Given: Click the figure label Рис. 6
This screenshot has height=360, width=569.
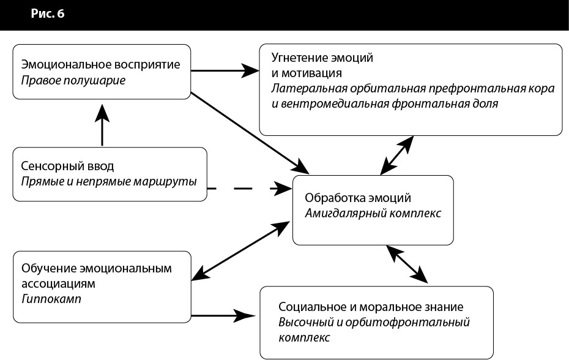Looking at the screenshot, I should [48, 14].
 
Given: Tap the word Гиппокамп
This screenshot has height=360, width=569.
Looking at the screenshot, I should [51, 299].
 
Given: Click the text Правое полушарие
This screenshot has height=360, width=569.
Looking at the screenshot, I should [73, 80].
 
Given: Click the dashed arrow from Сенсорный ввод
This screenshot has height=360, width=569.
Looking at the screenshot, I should [248, 187].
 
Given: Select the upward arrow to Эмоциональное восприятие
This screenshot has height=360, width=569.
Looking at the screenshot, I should [102, 125].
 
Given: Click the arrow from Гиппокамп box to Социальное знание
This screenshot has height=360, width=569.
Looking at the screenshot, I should [223, 316].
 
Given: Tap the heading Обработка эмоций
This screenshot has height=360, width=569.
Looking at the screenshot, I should [358, 199].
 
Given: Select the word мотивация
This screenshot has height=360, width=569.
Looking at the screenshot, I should [310, 73].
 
